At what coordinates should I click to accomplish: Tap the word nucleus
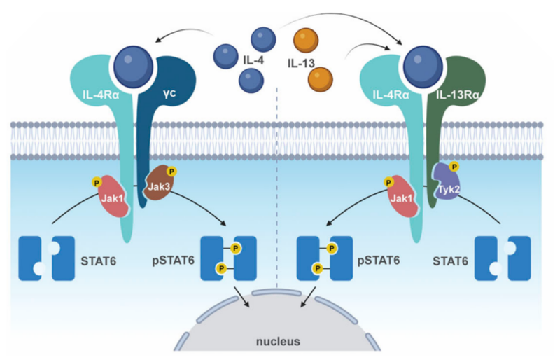[279, 342]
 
